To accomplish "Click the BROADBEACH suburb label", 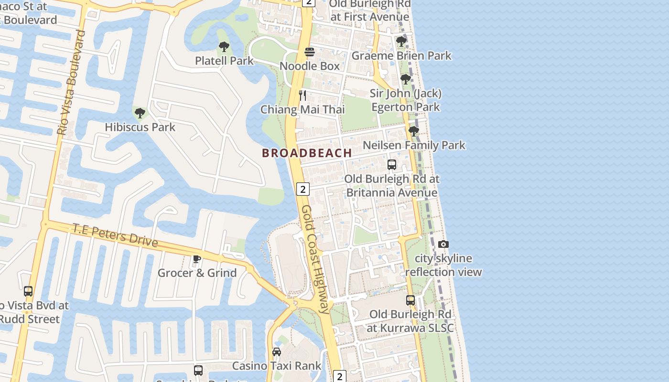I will [307, 153].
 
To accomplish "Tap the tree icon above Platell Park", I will [224, 47].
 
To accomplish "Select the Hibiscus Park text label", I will [140, 127].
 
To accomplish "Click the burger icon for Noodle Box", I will [310, 52].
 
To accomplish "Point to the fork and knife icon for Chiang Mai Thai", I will [302, 95].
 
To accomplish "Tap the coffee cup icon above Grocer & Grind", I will [196, 259].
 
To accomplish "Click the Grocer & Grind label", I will [197, 273].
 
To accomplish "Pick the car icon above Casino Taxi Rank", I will [276, 352].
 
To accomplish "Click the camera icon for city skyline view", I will [443, 244].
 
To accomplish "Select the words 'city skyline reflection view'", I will [443, 265].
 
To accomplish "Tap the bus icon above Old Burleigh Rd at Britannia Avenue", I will [392, 165].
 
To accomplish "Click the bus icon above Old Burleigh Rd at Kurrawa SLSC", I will [410, 300].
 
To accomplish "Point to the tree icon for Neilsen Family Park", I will [414, 130].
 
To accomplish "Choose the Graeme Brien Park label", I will [401, 55].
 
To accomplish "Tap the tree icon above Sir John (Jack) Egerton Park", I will [406, 79].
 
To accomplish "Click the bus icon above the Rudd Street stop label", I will [28, 291].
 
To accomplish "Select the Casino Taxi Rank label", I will [277, 366].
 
